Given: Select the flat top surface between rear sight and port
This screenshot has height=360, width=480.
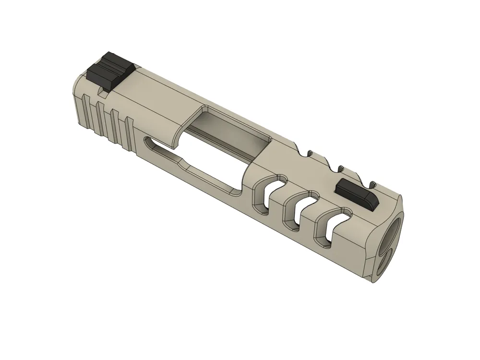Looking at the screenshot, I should pyautogui.click(x=158, y=96).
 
